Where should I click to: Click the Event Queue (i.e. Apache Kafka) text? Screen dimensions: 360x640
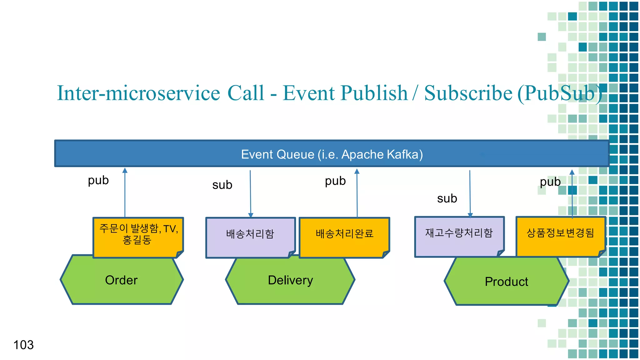click(x=332, y=154)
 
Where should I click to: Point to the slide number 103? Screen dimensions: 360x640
click(x=23, y=345)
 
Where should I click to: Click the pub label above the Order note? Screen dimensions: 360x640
click(x=98, y=181)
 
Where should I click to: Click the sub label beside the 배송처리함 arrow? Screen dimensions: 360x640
click(x=222, y=185)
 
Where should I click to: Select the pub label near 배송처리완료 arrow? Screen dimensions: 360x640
click(x=335, y=181)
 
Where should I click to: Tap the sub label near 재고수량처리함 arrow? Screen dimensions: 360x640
click(x=447, y=199)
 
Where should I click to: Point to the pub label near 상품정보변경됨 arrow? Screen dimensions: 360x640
click(x=550, y=182)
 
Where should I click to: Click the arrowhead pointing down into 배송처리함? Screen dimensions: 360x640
click(x=251, y=215)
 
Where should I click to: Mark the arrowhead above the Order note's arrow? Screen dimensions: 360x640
click(x=125, y=171)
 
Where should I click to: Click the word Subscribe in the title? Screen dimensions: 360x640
click(x=468, y=93)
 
